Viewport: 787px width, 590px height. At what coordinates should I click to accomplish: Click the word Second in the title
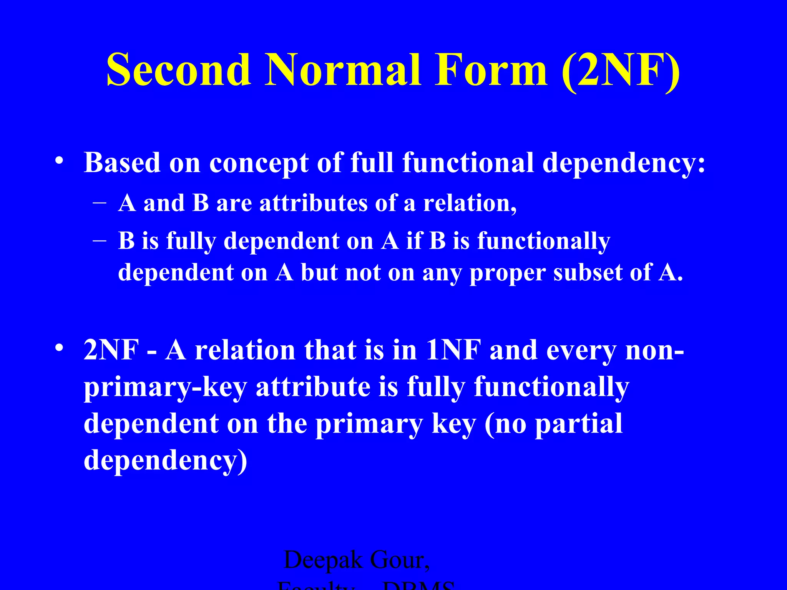pos(179,70)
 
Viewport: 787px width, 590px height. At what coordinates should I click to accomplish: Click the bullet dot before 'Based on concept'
pos(59,160)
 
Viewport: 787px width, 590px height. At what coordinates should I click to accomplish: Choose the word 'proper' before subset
pos(507,273)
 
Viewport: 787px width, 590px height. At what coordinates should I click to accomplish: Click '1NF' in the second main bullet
pos(453,350)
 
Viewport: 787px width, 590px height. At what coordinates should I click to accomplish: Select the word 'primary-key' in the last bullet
pos(165,387)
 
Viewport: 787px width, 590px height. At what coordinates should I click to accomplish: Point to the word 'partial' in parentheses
pos(579,424)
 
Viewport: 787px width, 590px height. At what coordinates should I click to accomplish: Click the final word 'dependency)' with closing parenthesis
pos(165,460)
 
